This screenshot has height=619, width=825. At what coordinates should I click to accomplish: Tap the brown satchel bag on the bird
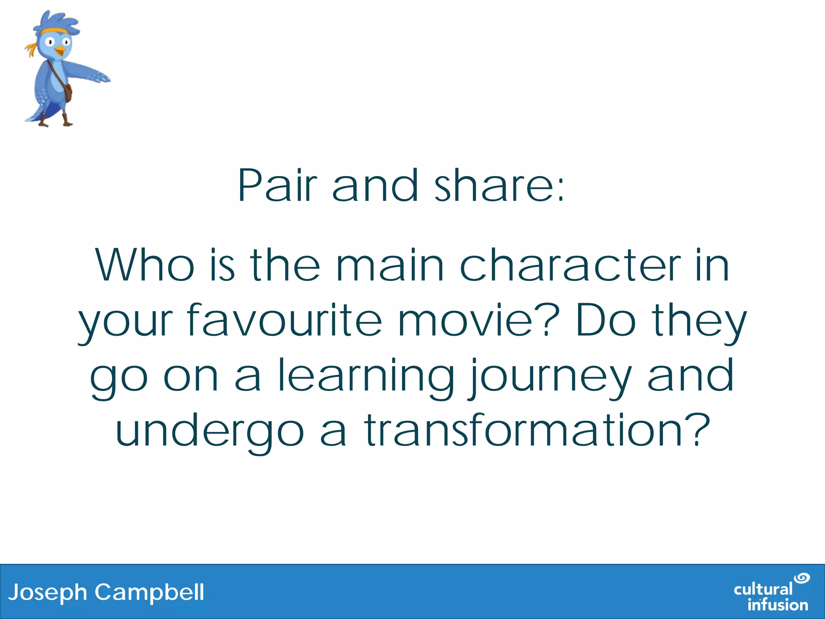point(68,93)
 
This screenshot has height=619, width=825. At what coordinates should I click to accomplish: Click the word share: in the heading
point(500,186)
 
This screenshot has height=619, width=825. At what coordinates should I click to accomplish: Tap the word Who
point(145,266)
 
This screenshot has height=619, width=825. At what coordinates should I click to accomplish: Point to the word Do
point(606,321)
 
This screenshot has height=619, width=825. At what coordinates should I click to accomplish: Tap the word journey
point(550,376)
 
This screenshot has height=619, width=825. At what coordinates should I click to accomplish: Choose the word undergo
point(209,431)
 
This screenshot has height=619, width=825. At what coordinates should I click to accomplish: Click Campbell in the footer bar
point(149,592)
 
